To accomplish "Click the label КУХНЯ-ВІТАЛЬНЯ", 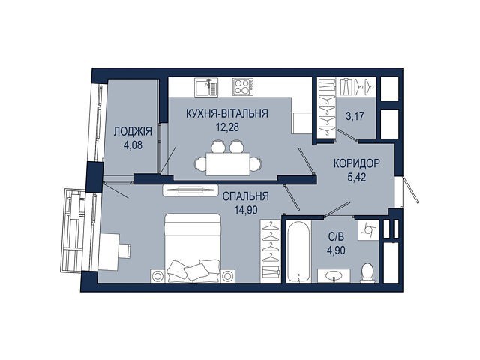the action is pos(226,113).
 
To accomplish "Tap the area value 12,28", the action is pos(227,127).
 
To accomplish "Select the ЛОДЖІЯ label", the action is pos(133,132).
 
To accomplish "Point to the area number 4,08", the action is pos(133,145).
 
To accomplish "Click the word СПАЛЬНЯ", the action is pos(245,196).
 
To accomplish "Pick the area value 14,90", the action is pos(246,210).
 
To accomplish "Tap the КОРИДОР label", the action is pos(357,163).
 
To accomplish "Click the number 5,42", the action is pos(357,177).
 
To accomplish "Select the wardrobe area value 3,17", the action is pos(355,116).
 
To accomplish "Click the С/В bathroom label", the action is pos(336,237).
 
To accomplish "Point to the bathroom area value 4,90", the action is pos(336,250).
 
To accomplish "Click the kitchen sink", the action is pos(206,88).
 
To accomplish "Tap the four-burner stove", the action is pos(243,86).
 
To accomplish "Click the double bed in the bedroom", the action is pos(193,247).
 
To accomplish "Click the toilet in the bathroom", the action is pos(367,271).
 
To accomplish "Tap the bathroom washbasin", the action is pos(334,275).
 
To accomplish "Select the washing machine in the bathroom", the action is pos(368,230).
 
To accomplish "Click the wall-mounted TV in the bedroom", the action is pos(190,190).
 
